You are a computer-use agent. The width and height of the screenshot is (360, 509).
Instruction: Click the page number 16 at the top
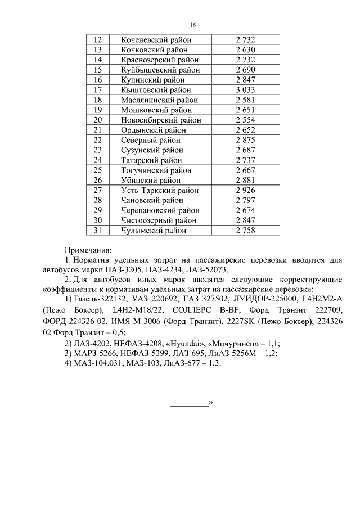coord(193,25)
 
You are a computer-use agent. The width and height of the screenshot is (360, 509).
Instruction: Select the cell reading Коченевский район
coord(156,40)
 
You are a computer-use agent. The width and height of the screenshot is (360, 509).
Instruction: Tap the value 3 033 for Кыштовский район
coord(245,89)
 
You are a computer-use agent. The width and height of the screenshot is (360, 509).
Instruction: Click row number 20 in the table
coord(98,120)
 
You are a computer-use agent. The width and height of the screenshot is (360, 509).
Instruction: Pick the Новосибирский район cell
coord(160,120)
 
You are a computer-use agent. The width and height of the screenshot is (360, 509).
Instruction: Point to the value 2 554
coord(245,120)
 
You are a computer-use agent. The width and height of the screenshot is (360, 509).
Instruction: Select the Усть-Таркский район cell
coord(160,190)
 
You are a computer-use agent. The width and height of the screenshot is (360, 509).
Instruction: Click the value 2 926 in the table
coord(245,190)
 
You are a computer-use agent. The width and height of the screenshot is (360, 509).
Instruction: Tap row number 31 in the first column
coord(98,230)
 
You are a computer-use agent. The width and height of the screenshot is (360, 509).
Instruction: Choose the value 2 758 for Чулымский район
coord(245,230)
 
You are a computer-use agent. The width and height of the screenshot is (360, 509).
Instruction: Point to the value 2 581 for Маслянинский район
coord(245,100)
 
